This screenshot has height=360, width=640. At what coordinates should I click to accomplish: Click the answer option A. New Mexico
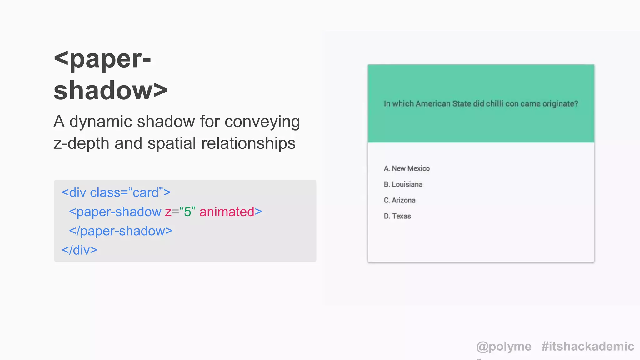(x=407, y=168)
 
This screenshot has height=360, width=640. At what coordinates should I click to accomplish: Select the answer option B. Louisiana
(x=403, y=184)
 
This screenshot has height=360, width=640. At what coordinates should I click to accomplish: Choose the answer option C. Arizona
(x=400, y=200)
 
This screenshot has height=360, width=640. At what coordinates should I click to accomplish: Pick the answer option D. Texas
(x=397, y=216)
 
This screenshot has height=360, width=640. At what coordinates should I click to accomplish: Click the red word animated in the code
(x=227, y=212)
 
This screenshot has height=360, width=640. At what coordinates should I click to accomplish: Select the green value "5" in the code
(x=187, y=212)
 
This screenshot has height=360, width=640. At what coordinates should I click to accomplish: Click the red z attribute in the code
(x=168, y=212)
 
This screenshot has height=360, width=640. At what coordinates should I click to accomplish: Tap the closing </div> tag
(x=79, y=250)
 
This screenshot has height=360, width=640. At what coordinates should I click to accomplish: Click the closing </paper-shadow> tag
(x=121, y=231)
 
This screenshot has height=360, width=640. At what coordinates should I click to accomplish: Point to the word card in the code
(x=146, y=193)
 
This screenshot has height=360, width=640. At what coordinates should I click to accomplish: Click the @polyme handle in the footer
(x=503, y=347)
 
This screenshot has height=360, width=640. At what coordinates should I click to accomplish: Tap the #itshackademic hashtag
(x=587, y=347)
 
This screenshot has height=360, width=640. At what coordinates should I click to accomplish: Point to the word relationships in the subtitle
(x=248, y=143)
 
